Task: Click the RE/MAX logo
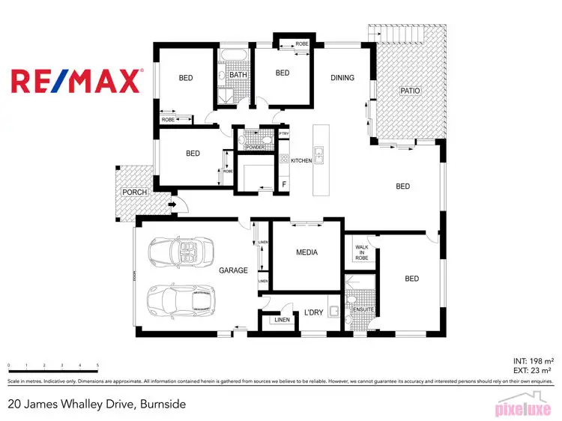76,80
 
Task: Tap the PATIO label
410,91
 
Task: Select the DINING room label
342,78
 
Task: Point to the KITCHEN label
300,161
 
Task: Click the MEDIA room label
306,252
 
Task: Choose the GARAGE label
233,270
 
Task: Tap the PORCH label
135,193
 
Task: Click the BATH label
238,75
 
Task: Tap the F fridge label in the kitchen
283,184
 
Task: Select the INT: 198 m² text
532,360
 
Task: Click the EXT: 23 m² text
533,369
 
